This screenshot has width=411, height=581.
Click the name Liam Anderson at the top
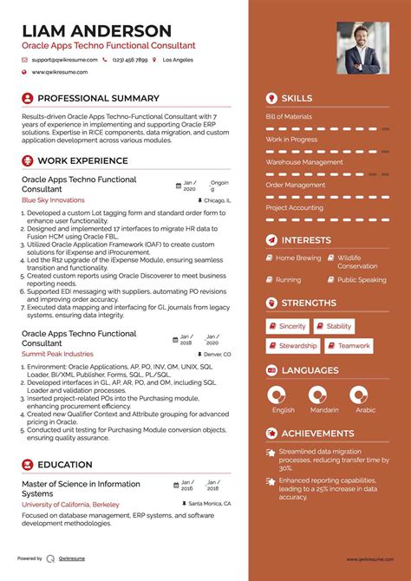point(96,30)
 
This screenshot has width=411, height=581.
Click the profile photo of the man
point(362,49)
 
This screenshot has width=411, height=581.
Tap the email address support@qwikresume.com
point(61,61)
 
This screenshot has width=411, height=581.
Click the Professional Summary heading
point(98,99)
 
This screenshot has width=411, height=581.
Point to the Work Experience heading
point(82,160)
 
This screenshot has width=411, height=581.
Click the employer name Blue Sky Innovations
point(53,199)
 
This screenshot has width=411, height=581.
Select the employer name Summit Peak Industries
point(57,354)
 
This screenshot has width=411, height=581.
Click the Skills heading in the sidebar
point(297,99)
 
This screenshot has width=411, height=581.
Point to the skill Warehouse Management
point(303,162)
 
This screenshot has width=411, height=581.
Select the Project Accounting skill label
point(294,208)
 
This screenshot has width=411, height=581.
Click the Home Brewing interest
point(298,258)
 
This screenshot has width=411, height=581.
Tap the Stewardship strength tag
point(297,346)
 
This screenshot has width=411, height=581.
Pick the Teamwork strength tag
point(354,346)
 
